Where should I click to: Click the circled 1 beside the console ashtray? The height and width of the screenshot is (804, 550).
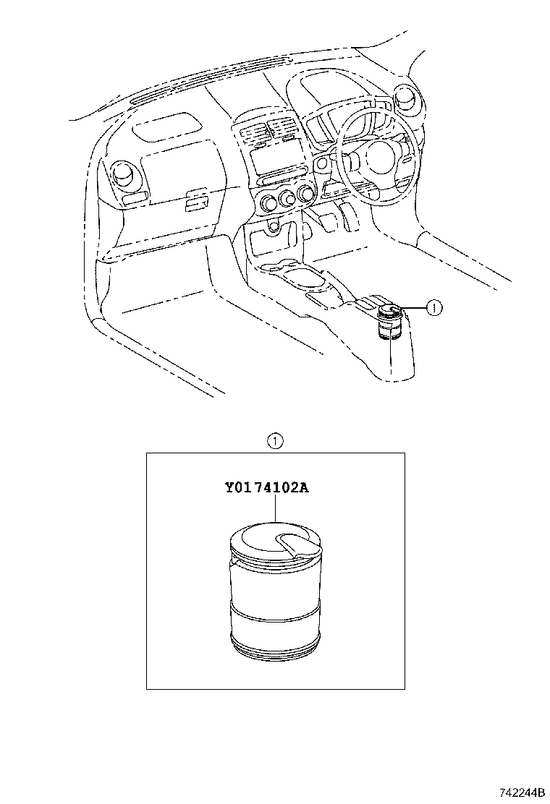click(x=432, y=308)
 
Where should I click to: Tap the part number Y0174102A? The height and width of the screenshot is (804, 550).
click(x=266, y=487)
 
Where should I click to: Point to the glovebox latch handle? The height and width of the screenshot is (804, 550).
click(x=195, y=199)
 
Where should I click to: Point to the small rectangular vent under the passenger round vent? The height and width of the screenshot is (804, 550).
click(x=135, y=197)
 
